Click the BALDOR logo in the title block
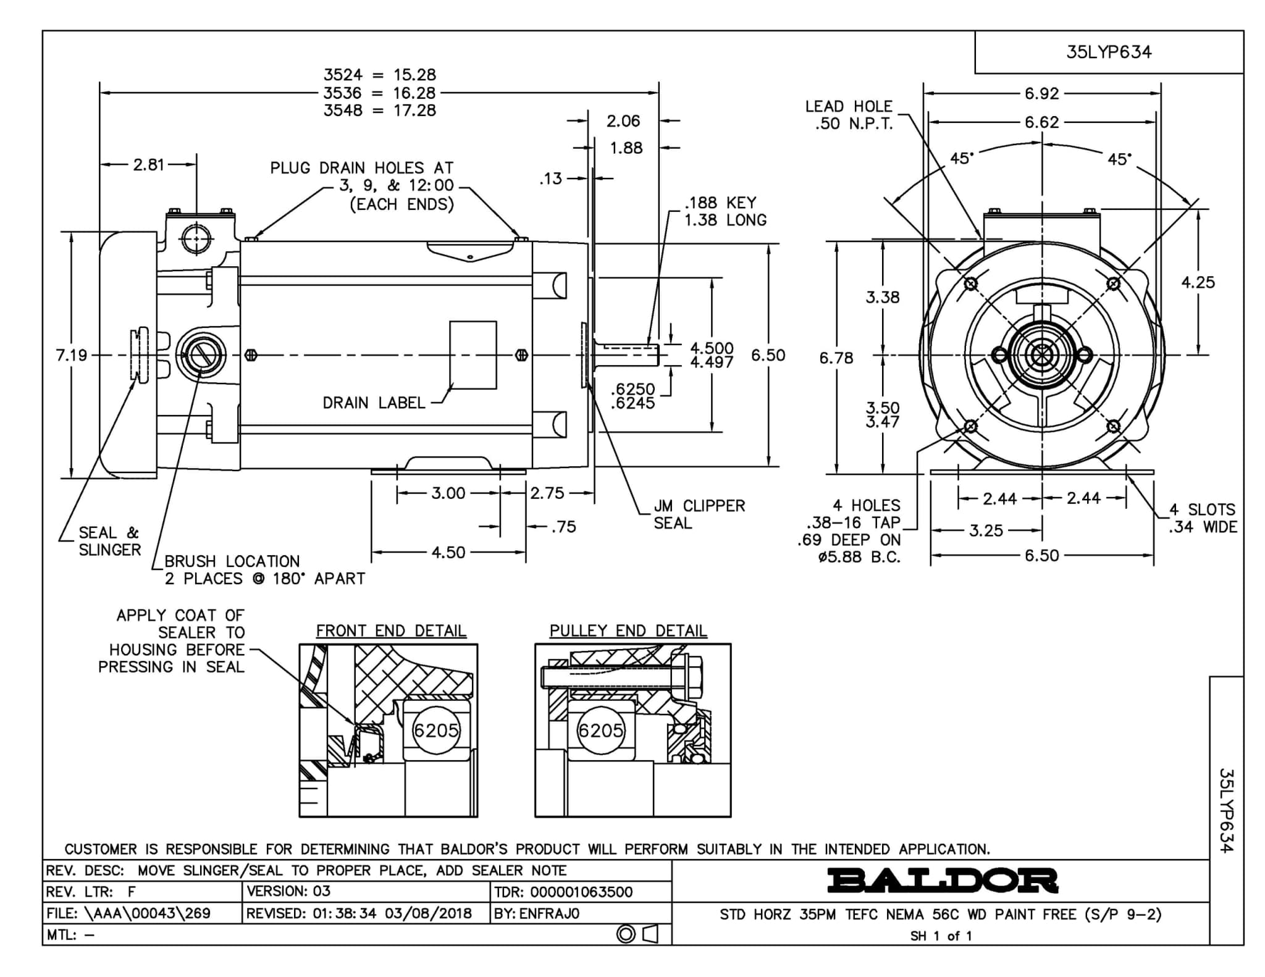[942, 881]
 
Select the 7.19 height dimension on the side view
[72, 355]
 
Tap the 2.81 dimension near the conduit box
[149, 164]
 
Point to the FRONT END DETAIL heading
[391, 631]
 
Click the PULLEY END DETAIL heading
[628, 631]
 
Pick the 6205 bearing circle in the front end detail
[436, 731]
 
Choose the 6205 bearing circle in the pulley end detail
[600, 731]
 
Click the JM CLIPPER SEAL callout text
[699, 514]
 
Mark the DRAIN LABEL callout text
[374, 403]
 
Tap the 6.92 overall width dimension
[1041, 93]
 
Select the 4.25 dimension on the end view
[1198, 282]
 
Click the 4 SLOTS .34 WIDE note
[1203, 518]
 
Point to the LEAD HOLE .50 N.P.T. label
[849, 115]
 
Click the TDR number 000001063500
[563, 892]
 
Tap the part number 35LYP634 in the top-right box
[1109, 52]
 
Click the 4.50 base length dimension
[448, 552]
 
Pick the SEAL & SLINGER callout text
[109, 541]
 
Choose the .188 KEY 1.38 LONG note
[725, 211]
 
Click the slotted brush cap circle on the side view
[201, 355]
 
